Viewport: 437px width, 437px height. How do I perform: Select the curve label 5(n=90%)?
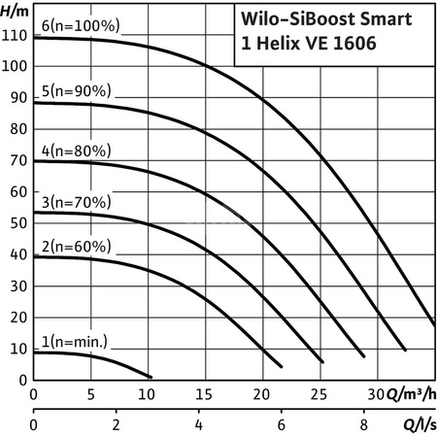[x=77, y=91]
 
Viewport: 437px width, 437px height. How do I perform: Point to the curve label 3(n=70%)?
[x=77, y=201]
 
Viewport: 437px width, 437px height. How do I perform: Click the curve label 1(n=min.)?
[x=77, y=341]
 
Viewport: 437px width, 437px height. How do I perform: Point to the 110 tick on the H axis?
[x=17, y=36]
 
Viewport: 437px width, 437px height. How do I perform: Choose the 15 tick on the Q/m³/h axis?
[x=204, y=396]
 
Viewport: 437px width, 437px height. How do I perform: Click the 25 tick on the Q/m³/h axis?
[x=317, y=396]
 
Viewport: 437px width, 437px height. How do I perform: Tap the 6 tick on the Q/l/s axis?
[x=282, y=425]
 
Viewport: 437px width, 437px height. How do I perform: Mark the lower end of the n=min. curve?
[x=151, y=375]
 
